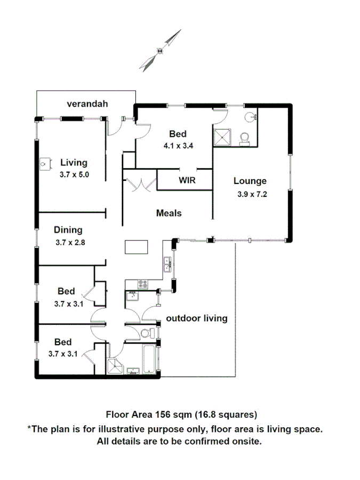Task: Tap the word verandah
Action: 87,103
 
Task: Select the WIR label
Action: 187,180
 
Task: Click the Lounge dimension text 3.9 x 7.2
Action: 252,194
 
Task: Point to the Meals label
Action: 169,213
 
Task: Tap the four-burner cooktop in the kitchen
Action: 143,283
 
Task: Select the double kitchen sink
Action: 167,263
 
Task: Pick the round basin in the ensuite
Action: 251,117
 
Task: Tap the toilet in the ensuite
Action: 245,138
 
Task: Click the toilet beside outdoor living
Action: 146,334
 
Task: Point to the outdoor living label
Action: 197,318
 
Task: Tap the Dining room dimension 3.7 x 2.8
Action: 70,242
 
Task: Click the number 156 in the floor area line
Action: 163,414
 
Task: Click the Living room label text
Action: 74,163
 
